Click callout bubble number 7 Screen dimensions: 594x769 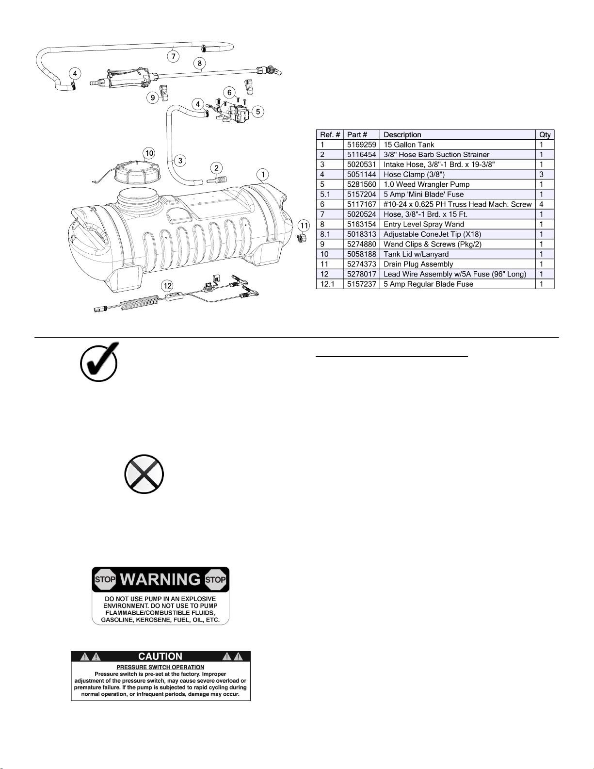(x=173, y=56)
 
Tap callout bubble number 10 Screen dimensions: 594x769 (x=149, y=153)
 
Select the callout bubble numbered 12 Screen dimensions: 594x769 (x=167, y=286)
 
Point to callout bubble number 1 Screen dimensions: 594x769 (x=263, y=175)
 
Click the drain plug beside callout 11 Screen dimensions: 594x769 (x=301, y=238)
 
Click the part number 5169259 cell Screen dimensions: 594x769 (x=361, y=145)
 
